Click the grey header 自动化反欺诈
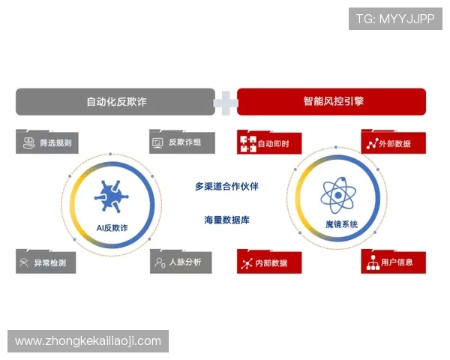coord(115,101)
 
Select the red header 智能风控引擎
coord(331,101)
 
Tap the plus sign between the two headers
coord(225,102)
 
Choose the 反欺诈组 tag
coord(181,142)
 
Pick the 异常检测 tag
coord(46,262)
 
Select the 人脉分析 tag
coord(181,262)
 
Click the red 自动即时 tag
coord(268,142)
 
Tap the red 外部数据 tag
coord(394,142)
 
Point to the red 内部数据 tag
coord(269,262)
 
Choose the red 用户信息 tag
coord(393,262)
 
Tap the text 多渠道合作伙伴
coord(226,186)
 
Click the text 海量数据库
coord(226,220)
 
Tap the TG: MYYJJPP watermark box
coord(394,18)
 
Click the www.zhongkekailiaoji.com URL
coord(88,341)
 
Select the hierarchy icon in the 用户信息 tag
coord(372,262)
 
